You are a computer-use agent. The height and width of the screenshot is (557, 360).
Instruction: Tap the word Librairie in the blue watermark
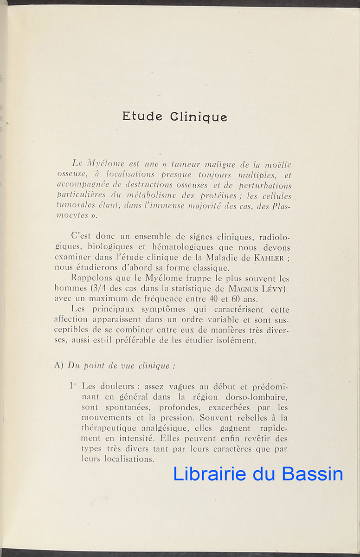tap(210, 474)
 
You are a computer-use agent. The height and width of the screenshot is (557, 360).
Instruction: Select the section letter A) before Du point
tap(58, 365)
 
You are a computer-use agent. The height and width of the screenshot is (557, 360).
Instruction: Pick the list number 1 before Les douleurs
tap(71, 385)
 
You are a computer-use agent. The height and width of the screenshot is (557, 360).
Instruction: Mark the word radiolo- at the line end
tap(271, 237)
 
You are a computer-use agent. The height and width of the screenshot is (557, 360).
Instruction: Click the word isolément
tap(234, 341)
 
